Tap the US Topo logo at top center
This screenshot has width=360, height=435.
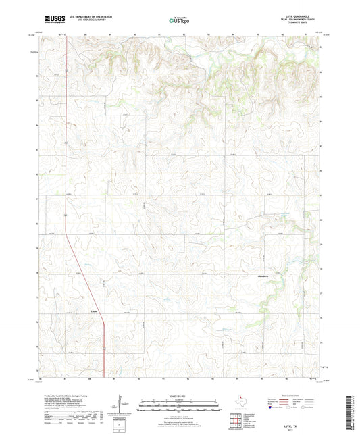(x=179, y=21)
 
